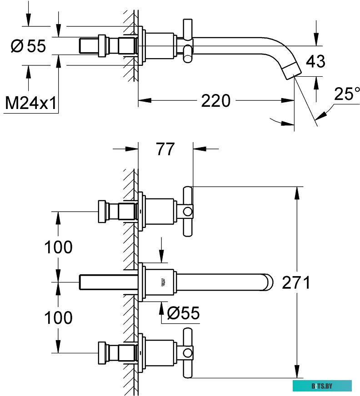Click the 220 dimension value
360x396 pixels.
[x=216, y=100]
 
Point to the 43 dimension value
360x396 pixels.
[x=315, y=61]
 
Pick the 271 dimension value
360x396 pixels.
[x=296, y=282]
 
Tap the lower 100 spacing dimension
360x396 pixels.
[x=58, y=318]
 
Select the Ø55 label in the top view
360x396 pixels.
[x=28, y=46]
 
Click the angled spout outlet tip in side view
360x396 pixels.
[x=292, y=73]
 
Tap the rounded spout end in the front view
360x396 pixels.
[x=268, y=282]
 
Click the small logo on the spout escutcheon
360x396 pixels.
[x=162, y=282]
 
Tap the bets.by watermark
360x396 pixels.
[x=322, y=386]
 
